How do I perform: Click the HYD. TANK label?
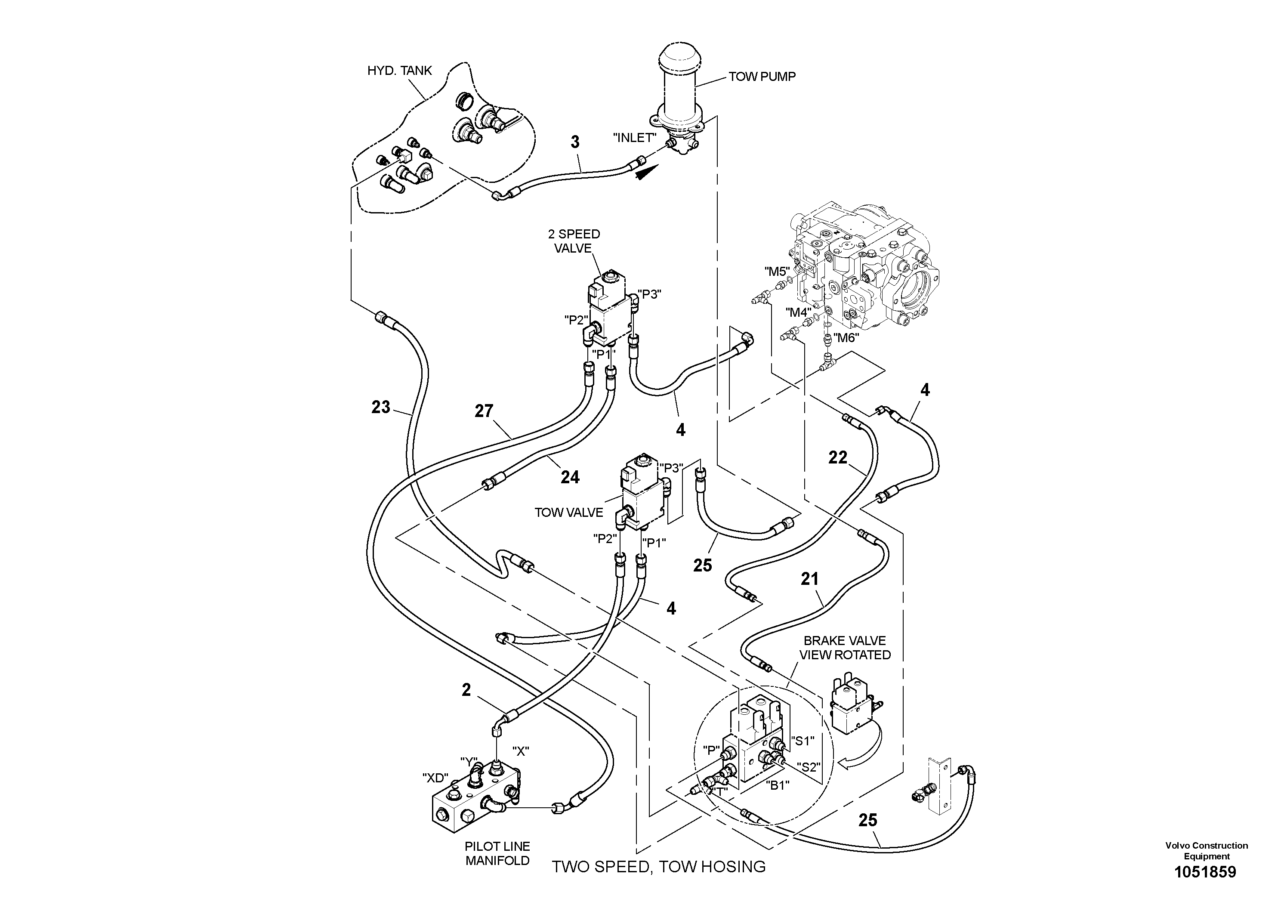click(399, 70)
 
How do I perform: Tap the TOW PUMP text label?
click(762, 77)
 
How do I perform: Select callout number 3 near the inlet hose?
click(575, 142)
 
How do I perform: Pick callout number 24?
click(570, 477)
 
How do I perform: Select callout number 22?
click(837, 457)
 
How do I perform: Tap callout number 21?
click(809, 579)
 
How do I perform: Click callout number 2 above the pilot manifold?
click(466, 690)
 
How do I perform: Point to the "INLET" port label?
click(634, 138)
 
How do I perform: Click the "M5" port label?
click(777, 272)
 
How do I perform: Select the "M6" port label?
click(845, 337)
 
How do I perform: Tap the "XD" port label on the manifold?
click(436, 778)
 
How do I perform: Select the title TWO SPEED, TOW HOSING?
click(658, 867)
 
